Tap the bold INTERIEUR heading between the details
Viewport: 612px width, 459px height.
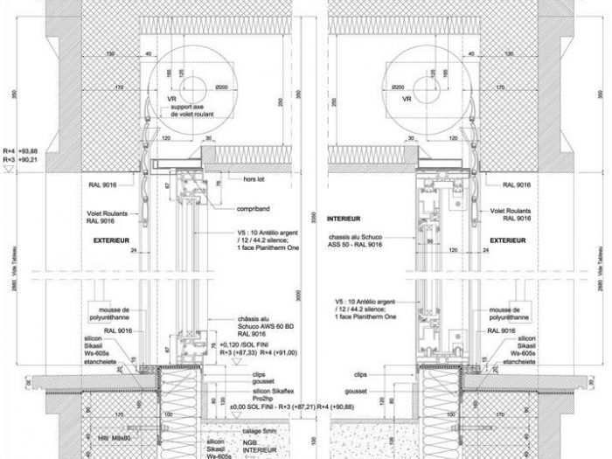tap(344, 218)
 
